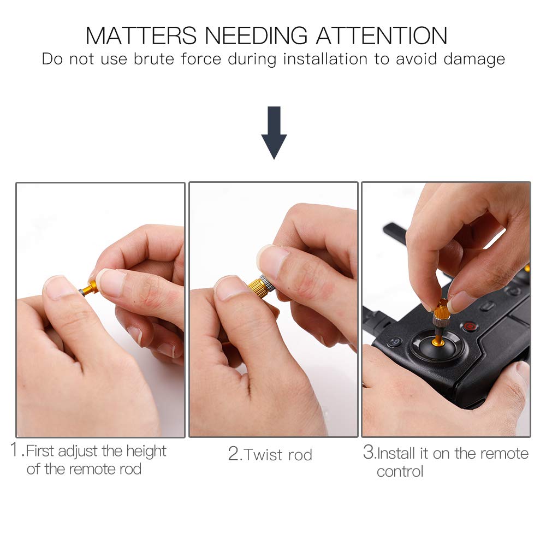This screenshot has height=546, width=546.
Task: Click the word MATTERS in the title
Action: (141, 35)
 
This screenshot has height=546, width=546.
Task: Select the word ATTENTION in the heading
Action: (382, 35)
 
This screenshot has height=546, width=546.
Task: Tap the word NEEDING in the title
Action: (256, 35)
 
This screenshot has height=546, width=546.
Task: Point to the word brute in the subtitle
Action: (154, 59)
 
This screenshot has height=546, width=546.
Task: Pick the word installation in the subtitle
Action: (325, 59)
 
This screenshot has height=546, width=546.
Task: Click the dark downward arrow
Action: (274, 133)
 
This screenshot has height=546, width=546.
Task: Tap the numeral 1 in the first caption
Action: (15, 449)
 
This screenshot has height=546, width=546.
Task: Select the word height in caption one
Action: (146, 452)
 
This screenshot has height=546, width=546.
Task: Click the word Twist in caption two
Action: (263, 455)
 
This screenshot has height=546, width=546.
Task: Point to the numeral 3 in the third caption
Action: (369, 452)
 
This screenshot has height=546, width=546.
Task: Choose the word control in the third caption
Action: (400, 472)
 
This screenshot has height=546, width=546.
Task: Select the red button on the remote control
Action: (470, 327)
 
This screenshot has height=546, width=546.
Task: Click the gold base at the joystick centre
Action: (438, 343)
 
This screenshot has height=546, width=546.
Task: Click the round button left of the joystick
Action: (394, 342)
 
